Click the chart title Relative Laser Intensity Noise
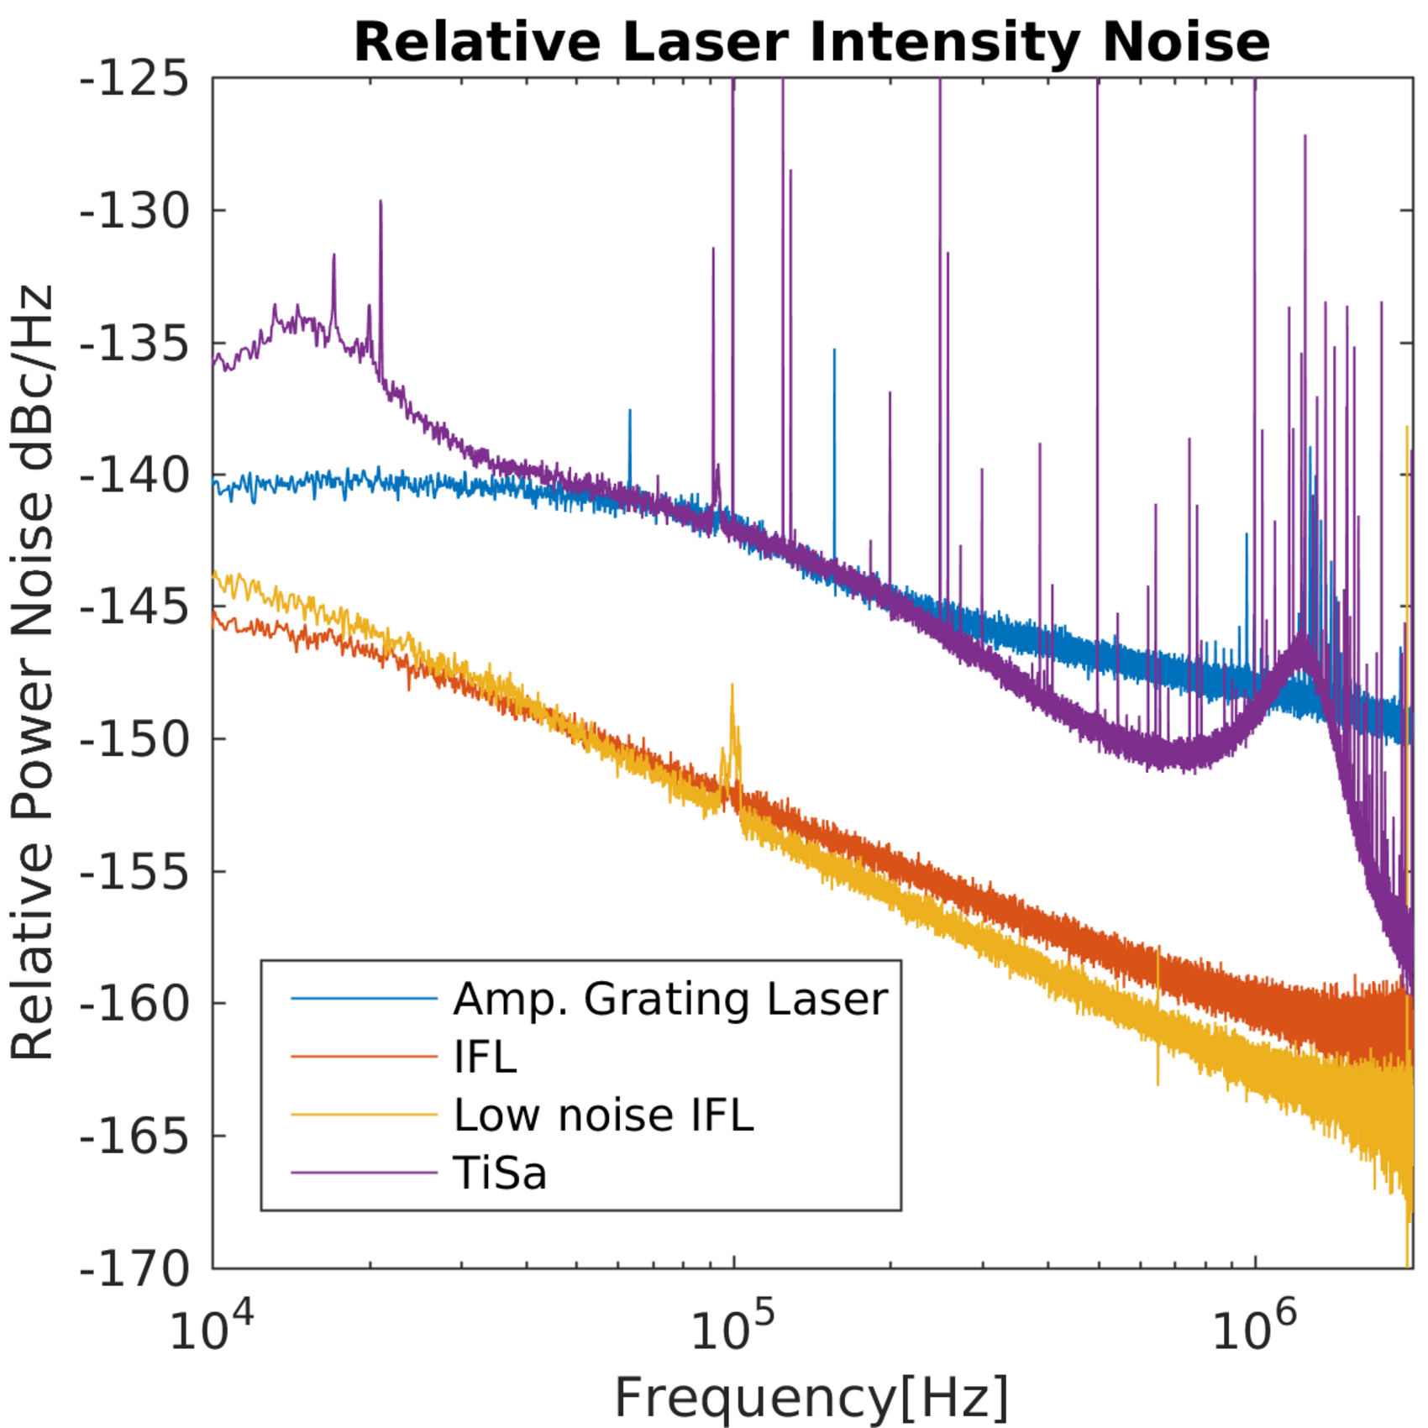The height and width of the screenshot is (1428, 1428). [x=811, y=42]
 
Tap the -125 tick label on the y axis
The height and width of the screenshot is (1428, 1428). [x=134, y=80]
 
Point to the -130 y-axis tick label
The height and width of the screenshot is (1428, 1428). [x=134, y=211]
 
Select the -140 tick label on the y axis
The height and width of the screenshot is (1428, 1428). [x=134, y=475]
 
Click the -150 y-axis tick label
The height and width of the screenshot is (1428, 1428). [x=134, y=739]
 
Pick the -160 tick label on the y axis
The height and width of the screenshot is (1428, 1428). [x=134, y=1003]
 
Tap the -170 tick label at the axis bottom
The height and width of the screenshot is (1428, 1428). [x=134, y=1268]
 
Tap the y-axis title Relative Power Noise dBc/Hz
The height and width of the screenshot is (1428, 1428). [x=32, y=672]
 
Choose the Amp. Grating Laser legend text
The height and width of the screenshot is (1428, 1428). [x=670, y=999]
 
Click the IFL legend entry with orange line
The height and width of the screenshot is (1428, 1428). [x=485, y=1056]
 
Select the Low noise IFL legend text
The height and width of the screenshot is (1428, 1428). [x=603, y=1115]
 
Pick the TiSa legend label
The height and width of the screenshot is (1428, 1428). [x=500, y=1173]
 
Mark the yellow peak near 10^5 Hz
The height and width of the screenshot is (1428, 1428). [x=732, y=687]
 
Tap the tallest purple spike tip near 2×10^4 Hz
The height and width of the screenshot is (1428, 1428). [x=381, y=202]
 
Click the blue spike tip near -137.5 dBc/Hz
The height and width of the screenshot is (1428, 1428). [x=629, y=411]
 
